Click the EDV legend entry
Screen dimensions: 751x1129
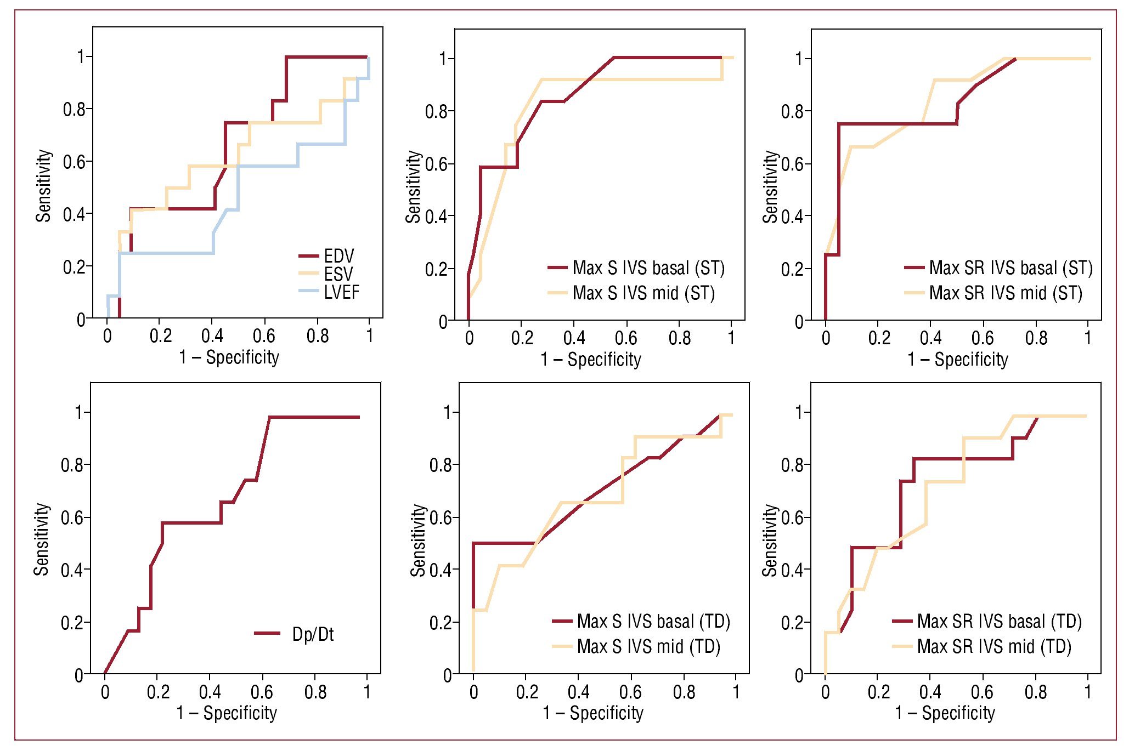[x=338, y=256]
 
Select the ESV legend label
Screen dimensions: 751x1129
[x=338, y=274]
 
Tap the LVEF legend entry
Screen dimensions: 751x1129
[x=341, y=292]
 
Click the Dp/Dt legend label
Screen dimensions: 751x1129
[x=313, y=634]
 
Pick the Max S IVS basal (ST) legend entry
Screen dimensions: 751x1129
[x=648, y=268]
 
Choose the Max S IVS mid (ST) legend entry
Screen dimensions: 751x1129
[x=643, y=293]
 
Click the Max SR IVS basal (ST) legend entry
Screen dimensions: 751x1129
[x=1011, y=268]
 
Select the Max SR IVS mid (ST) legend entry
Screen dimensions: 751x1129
[x=1006, y=293]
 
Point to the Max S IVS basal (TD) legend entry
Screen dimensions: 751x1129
[x=653, y=622]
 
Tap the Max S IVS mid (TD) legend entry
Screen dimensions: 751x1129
[x=648, y=647]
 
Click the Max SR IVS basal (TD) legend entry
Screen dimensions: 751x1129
[x=999, y=622]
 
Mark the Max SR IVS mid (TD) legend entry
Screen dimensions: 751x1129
[x=994, y=647]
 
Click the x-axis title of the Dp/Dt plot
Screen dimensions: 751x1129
[x=227, y=713]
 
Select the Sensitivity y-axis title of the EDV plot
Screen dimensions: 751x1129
[x=44, y=186]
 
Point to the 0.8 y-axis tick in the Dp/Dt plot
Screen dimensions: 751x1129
[x=72, y=465]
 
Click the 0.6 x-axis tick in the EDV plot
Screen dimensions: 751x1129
[x=264, y=335]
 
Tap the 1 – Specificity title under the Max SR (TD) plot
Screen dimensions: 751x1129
[x=945, y=713]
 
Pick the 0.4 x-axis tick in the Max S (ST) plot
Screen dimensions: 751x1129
[x=574, y=338]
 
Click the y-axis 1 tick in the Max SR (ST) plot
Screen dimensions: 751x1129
[x=800, y=59]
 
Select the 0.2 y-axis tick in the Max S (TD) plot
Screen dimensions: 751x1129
[x=441, y=623]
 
